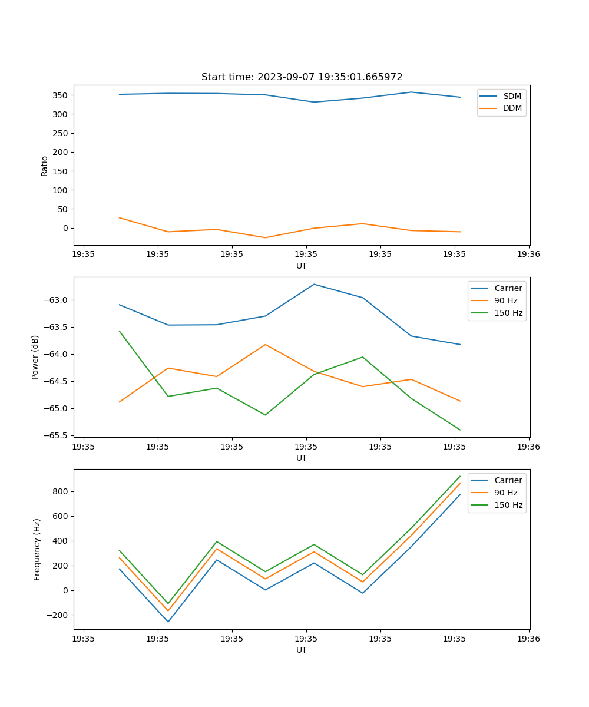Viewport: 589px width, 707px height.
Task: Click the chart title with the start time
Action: [x=302, y=77]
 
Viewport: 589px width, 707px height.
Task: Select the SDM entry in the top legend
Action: [x=512, y=95]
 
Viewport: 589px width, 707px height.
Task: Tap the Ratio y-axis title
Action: [x=45, y=166]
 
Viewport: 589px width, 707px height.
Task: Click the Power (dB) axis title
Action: [x=36, y=357]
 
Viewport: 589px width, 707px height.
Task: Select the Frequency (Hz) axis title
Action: [x=37, y=549]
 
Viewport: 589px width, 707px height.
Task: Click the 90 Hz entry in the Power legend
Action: [x=505, y=300]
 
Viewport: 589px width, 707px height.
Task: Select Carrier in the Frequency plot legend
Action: [x=508, y=480]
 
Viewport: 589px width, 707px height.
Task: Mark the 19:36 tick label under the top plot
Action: [x=528, y=255]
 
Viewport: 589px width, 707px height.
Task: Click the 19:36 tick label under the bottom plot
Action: [x=528, y=639]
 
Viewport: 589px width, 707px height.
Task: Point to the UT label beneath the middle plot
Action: [x=302, y=458]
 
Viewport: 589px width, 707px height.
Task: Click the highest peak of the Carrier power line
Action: [x=314, y=284]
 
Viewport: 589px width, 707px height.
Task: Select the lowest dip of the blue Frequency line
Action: [x=168, y=622]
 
